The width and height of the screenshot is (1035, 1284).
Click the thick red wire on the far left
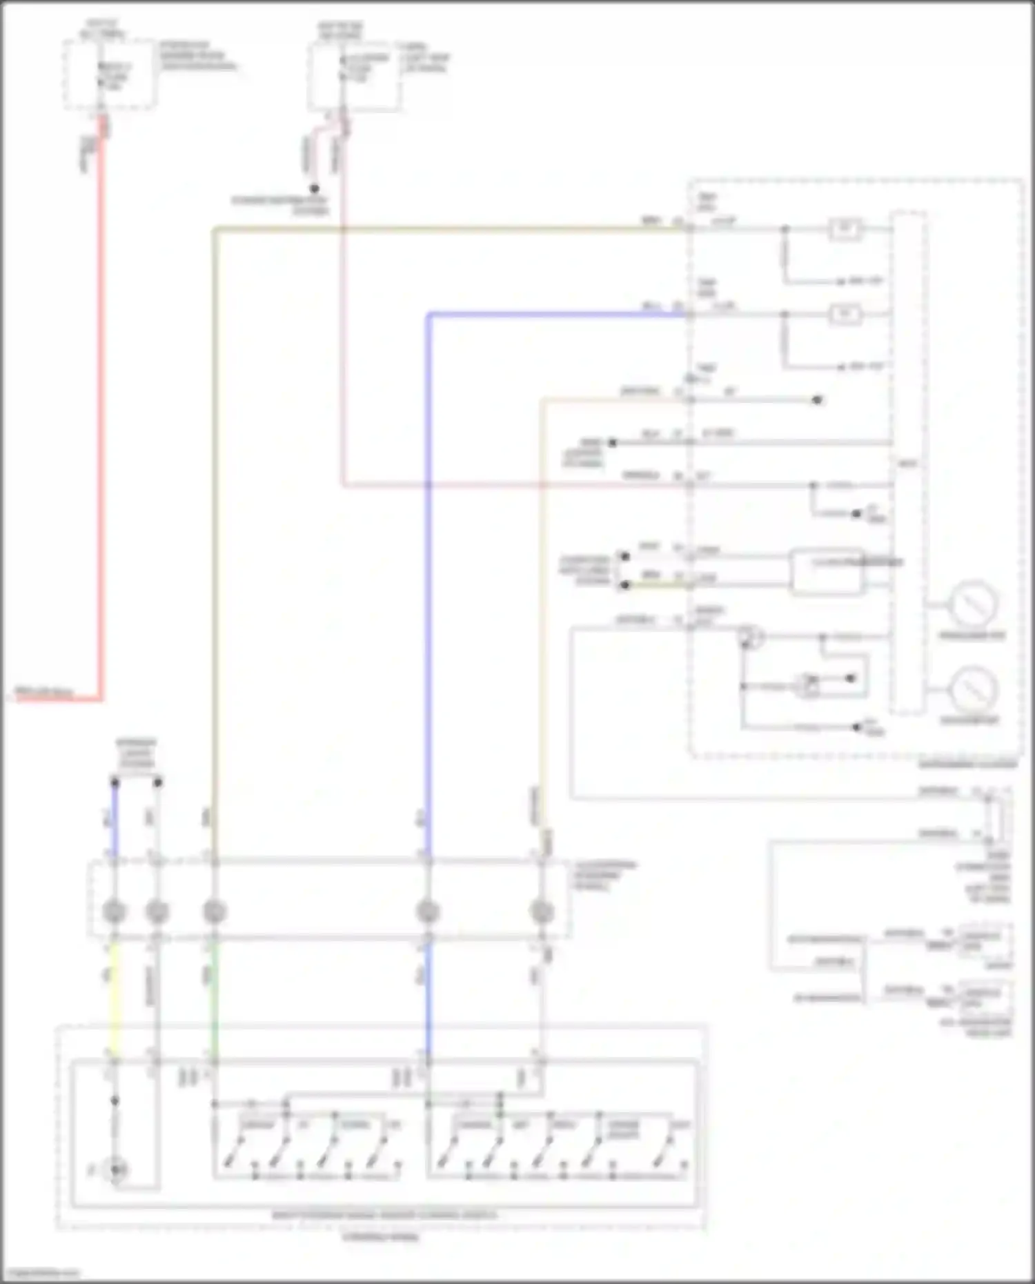point(102,414)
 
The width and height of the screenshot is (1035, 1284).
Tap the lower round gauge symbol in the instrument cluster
point(973,690)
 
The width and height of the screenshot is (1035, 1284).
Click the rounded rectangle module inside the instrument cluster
point(827,571)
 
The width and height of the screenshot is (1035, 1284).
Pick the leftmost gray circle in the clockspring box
point(115,911)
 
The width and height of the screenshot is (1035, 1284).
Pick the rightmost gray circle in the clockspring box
point(542,911)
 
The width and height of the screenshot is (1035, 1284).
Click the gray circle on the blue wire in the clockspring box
point(428,911)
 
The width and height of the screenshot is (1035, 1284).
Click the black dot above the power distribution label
point(314,188)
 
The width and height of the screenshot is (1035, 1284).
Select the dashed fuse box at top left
point(109,74)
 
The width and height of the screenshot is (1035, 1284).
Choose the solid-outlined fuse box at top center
point(353,76)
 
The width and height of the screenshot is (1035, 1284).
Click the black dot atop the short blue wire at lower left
point(115,782)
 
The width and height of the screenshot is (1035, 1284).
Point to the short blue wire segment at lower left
point(115,821)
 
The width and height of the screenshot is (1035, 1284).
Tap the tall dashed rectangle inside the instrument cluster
point(907,462)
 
